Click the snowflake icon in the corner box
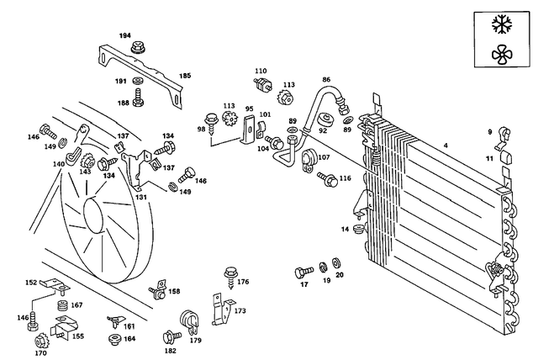[x=504, y=24]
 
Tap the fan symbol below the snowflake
[x=504, y=56]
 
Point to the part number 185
[x=185, y=74]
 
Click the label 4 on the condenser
[x=446, y=148]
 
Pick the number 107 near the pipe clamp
[x=324, y=157]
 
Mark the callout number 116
[x=345, y=179]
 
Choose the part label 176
[x=243, y=282]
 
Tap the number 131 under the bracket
[x=141, y=197]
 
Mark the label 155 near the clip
[x=77, y=336]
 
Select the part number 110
[x=261, y=71]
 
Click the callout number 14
[x=345, y=229]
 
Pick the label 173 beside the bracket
[x=240, y=311]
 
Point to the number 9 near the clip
[x=489, y=130]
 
